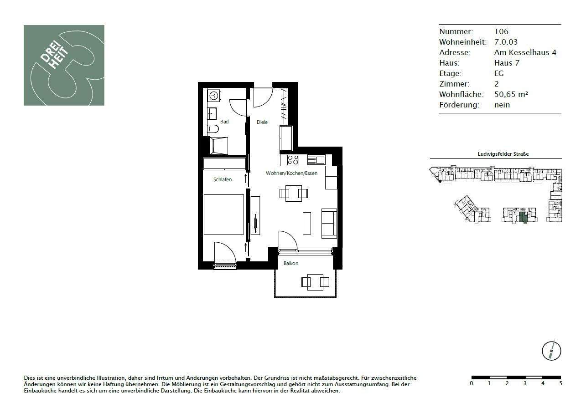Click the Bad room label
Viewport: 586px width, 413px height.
coord(224,122)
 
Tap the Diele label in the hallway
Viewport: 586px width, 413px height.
coord(262,122)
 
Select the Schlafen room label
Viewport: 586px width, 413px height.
coord(223,179)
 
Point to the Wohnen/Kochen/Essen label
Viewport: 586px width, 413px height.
coord(291,173)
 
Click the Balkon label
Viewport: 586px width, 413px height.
coord(290,263)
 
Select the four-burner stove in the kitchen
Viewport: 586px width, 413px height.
coord(293,160)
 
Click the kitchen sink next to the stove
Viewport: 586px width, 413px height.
coord(316,160)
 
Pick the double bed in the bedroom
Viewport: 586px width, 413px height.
coord(223,214)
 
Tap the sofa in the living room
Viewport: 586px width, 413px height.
coord(329,223)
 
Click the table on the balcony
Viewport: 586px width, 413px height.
coord(315,281)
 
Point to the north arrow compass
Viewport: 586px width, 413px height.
coord(551,351)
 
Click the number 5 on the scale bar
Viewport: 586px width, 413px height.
coord(560,383)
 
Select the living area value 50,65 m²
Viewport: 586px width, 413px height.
coord(511,94)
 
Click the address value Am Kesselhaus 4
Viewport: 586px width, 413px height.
coord(525,52)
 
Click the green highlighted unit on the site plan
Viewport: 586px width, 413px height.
coord(523,217)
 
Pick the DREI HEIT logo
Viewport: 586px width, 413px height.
coord(64,65)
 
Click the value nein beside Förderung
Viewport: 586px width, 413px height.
coord(502,105)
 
